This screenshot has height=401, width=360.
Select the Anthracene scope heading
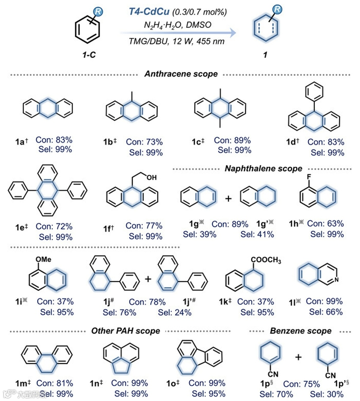[181, 74]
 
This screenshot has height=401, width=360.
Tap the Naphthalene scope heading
[263, 169]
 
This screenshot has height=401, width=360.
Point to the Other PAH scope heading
[125, 331]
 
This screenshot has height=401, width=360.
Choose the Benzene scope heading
[301, 331]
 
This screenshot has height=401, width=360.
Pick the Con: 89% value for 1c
[232, 140]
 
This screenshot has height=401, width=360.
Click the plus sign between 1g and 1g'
[229, 199]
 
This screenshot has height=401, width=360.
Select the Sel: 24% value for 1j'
[175, 312]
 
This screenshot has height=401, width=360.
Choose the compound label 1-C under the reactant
[89, 55]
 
